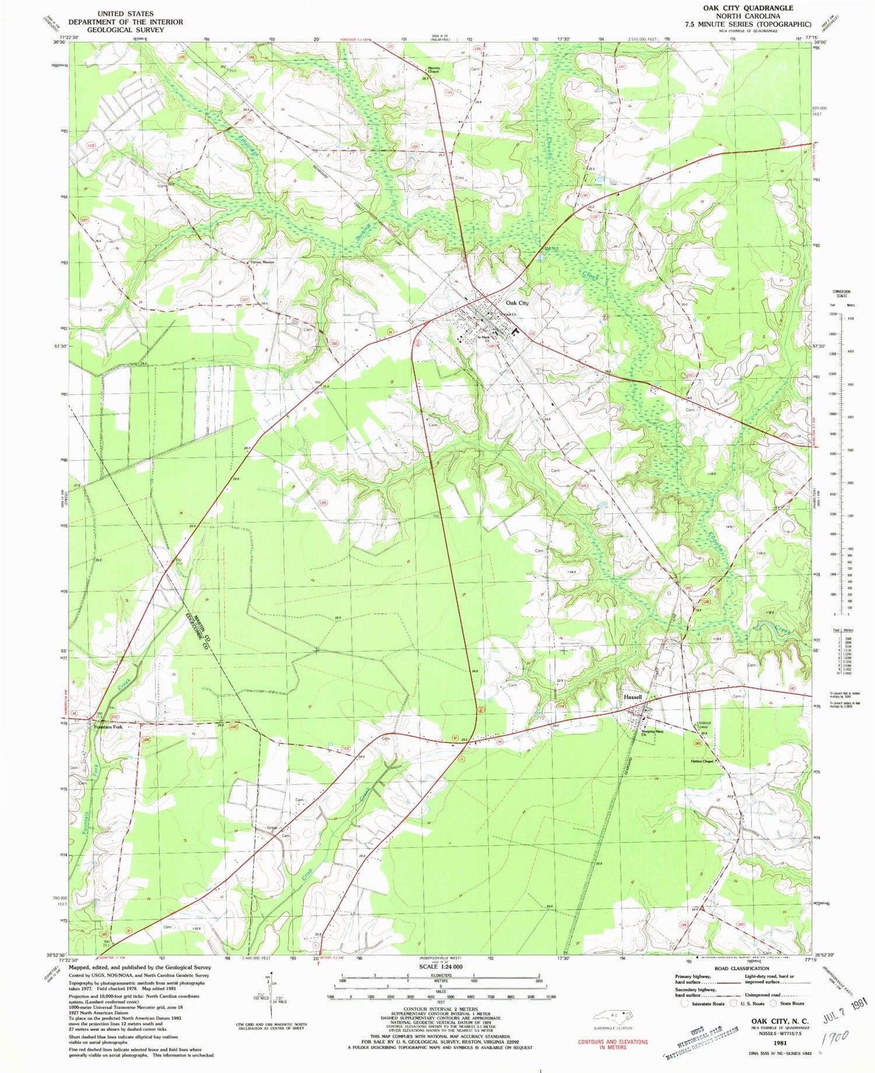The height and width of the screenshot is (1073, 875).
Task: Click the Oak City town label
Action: pos(517,303)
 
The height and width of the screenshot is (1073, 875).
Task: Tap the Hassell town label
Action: pos(633,697)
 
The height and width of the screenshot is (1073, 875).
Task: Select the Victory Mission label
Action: pos(262,262)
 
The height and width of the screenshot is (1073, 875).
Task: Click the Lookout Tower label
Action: pos(704,727)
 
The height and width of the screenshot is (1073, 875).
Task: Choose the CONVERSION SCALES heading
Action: pos(841,293)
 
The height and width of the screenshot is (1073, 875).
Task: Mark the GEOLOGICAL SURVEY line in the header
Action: pos(125,30)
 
